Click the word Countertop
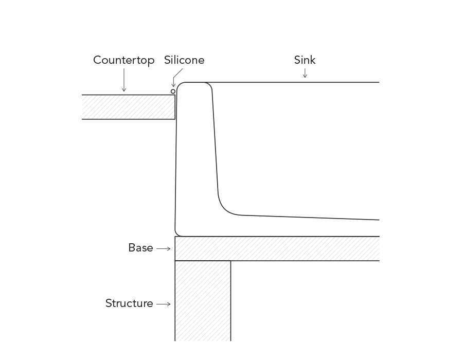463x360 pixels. (123, 60)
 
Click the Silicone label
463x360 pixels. (184, 60)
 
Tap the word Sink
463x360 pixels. (305, 60)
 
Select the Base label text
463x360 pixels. (140, 248)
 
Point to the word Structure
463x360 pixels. (129, 303)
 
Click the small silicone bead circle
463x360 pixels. (173, 92)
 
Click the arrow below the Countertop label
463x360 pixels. (124, 80)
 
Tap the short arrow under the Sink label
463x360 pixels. (305, 73)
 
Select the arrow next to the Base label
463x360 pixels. (163, 249)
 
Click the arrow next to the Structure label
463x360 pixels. (163, 304)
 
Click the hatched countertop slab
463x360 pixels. (129, 107)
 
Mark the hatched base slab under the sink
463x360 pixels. (277, 248)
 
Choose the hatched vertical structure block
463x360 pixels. (203, 301)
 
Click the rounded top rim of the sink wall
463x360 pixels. (194, 82)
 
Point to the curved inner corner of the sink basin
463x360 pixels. (225, 209)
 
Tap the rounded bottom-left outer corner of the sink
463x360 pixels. (176, 233)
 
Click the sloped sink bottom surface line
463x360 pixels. (310, 218)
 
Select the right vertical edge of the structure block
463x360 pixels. (230, 301)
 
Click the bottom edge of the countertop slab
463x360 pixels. (129, 119)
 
